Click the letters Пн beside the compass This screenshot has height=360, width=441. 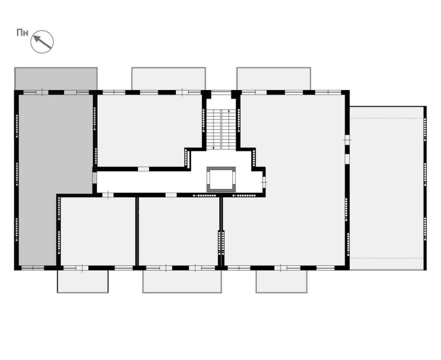coord(22,33)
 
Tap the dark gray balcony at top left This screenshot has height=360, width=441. coord(56,79)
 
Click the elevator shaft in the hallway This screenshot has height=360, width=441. coord(221,179)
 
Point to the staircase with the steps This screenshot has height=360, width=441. coord(221,130)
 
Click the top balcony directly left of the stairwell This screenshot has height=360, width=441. coord(168,79)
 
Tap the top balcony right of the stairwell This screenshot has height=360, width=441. coord(274,79)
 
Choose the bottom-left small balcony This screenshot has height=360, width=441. coord(83,281)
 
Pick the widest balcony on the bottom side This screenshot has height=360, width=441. coord(182,281)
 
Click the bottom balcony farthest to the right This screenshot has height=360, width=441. coord(281,281)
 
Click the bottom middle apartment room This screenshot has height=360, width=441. coord(179,231)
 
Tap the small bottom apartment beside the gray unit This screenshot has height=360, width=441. coord(98,231)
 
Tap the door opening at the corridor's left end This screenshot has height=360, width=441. coord(94,178)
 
